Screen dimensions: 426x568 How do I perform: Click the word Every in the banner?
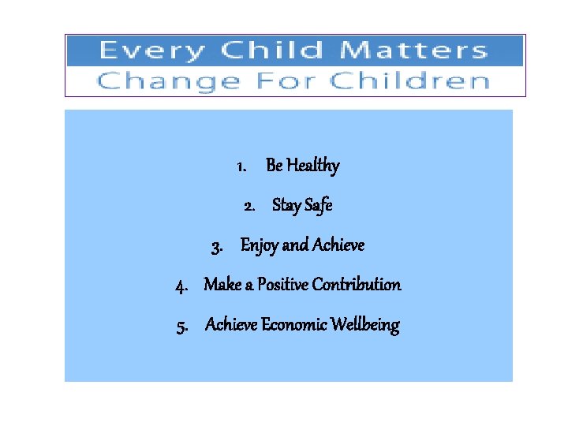(151, 51)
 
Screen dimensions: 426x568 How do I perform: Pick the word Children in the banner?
(409, 81)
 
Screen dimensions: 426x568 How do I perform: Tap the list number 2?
(249, 206)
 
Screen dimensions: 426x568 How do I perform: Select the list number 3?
(217, 246)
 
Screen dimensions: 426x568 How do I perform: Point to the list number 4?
(181, 285)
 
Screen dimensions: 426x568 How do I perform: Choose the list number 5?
(182, 325)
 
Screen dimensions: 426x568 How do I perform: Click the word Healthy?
(313, 166)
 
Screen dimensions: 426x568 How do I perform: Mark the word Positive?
(282, 285)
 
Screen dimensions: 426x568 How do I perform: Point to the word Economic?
(294, 325)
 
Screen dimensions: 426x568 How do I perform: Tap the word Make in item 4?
(221, 285)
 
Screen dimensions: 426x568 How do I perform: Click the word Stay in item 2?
(286, 206)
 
